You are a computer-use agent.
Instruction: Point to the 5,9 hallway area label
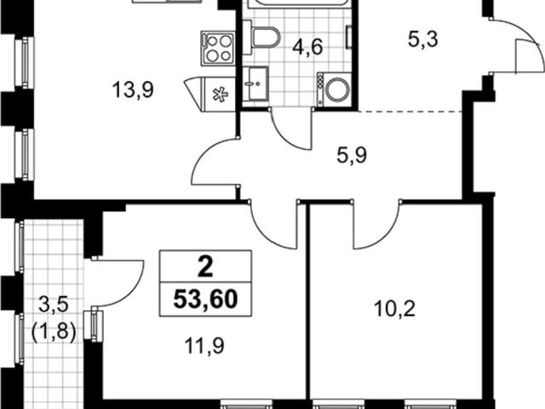point(346,157)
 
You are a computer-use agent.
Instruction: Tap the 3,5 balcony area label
point(52,302)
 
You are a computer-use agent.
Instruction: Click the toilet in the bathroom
point(265,36)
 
